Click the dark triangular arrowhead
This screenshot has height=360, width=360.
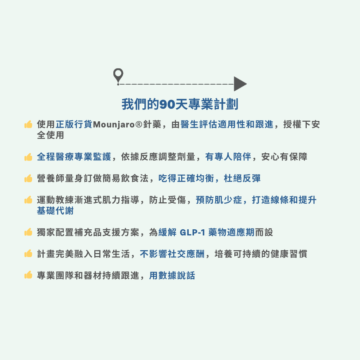point(239,84)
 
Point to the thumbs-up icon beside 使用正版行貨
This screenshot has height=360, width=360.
point(28,125)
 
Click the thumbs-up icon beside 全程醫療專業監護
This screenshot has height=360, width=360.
point(28,157)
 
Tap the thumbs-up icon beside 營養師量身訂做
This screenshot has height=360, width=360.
point(28,178)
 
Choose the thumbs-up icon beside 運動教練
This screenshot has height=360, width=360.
point(28,200)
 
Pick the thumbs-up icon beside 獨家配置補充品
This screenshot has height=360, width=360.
point(28,232)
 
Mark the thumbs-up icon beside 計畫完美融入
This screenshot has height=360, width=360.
point(28,254)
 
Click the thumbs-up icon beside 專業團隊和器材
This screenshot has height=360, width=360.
point(28,275)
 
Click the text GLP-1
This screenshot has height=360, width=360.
point(192,232)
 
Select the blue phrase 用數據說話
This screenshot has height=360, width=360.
point(172,275)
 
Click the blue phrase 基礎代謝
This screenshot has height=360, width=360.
point(55,211)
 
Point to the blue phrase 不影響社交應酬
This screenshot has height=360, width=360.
point(172,254)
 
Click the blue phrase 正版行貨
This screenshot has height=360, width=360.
point(74,125)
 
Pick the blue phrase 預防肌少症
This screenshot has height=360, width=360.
point(219,200)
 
